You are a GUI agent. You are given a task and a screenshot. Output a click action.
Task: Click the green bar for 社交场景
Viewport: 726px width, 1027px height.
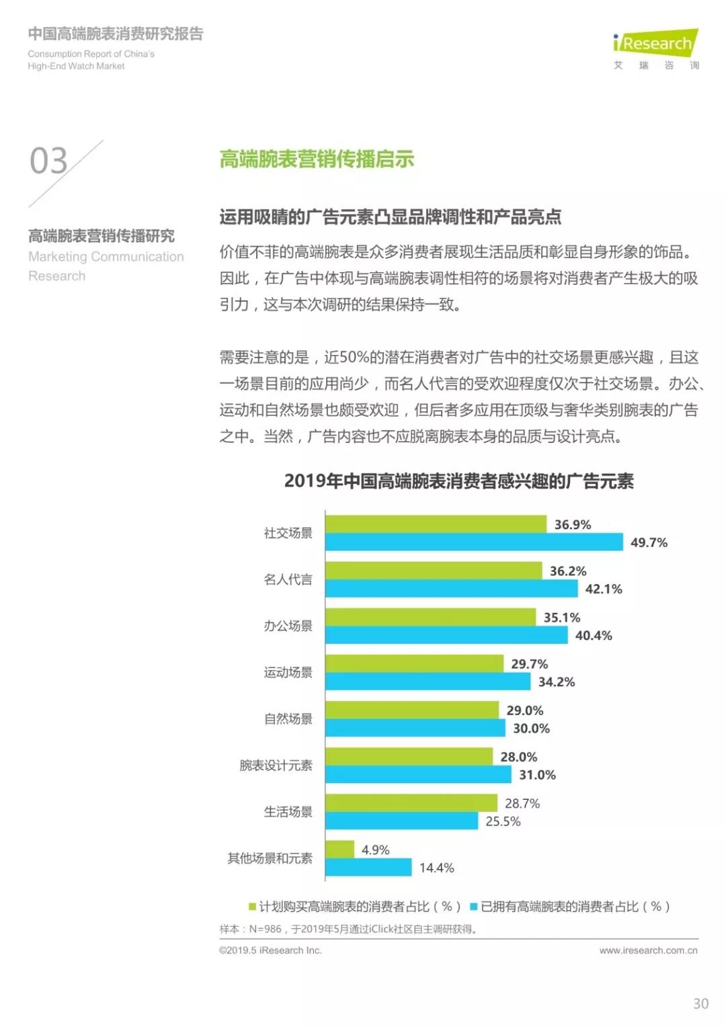[436, 524]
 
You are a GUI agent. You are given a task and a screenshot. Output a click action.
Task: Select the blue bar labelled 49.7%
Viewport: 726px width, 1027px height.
[474, 542]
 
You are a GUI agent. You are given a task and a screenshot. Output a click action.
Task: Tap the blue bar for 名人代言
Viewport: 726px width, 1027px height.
[451, 589]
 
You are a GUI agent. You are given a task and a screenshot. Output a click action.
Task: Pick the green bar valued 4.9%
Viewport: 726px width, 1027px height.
[339, 850]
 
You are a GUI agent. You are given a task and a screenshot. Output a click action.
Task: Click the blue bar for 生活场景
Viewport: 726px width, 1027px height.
[401, 821]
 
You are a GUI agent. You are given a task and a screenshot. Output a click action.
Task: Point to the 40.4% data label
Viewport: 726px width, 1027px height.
[594, 635]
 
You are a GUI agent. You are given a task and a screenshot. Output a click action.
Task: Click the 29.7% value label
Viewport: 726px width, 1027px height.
[530, 664]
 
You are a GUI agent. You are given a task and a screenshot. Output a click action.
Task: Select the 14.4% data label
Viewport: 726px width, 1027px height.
[437, 868]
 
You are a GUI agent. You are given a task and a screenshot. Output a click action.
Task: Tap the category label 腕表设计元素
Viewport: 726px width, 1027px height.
[276, 765]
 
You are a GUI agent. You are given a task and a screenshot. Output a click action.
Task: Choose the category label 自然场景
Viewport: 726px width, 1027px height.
[288, 718]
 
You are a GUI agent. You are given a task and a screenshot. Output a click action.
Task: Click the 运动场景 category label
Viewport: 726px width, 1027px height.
[288, 672]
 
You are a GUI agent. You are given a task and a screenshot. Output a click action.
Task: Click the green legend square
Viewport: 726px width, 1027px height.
[252, 907]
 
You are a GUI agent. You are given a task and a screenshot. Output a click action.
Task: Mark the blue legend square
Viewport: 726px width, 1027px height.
[473, 907]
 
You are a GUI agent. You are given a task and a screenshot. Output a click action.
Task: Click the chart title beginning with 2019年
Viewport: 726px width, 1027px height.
[458, 481]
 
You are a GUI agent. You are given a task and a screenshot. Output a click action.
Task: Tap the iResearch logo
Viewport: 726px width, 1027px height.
[655, 44]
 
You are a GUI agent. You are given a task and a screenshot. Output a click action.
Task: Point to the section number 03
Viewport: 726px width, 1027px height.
[48, 161]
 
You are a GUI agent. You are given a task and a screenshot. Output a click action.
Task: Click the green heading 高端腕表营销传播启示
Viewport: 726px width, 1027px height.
[317, 159]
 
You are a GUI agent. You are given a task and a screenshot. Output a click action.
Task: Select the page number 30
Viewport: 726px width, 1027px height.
[700, 1003]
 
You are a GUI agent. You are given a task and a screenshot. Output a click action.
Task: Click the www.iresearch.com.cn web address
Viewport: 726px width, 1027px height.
[648, 950]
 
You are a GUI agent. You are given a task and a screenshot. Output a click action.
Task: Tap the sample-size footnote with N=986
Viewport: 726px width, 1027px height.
[348, 929]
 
